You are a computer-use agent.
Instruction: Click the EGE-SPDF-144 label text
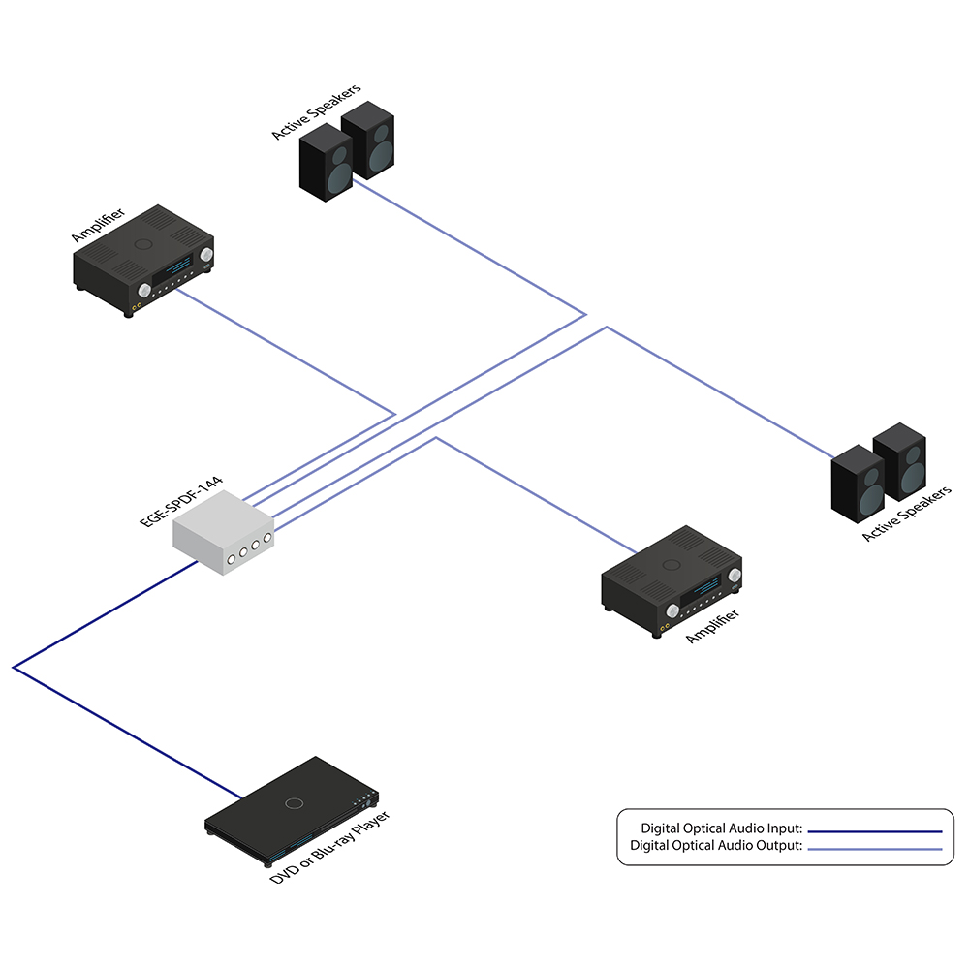181,500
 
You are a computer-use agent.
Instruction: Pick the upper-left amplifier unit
145,260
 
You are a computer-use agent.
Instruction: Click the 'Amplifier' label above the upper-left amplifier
98,223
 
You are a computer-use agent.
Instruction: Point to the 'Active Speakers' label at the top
316,111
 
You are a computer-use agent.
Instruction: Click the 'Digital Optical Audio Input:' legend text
722,828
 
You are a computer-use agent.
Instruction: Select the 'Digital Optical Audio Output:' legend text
716,846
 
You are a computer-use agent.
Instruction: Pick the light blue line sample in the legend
875,848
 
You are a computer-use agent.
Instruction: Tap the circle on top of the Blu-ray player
295,802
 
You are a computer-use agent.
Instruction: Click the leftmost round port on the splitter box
233,559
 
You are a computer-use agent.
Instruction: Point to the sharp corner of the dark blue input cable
14,667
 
